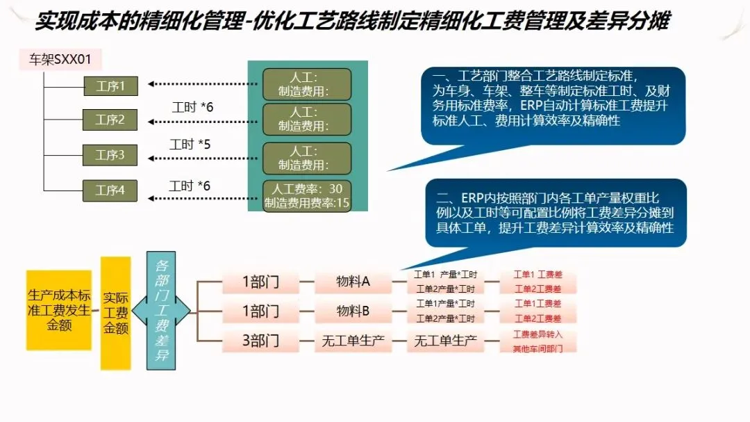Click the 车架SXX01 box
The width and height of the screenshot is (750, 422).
(60, 59)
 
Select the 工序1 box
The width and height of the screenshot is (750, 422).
(110, 86)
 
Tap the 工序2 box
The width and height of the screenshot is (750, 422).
(110, 120)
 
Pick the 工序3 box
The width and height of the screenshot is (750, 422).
(110, 154)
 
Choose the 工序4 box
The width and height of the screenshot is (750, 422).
(110, 190)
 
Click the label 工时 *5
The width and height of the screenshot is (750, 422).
(190, 145)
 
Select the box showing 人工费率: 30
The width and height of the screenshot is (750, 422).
(307, 195)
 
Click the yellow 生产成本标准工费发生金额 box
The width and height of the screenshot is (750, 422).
(59, 310)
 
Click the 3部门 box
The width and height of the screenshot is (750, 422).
(260, 341)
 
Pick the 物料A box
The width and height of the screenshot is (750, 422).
(353, 283)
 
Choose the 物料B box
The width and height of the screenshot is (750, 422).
(353, 311)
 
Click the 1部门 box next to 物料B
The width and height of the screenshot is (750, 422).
(260, 311)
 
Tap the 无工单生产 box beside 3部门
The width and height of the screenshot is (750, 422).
(353, 341)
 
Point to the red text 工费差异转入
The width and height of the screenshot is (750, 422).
(537, 334)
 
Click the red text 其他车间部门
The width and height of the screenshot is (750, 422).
(537, 347)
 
